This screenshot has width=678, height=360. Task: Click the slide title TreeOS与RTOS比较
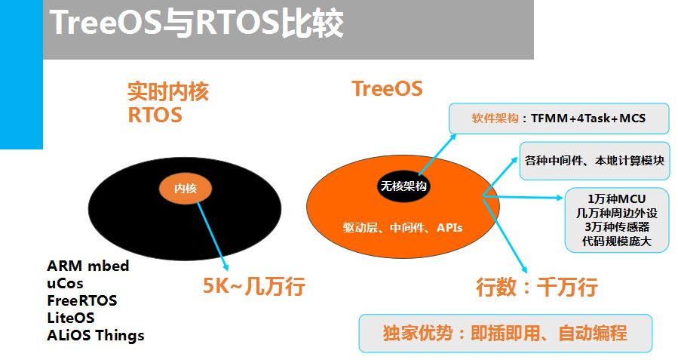pos(197,23)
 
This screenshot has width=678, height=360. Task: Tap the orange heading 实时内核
pos(167,91)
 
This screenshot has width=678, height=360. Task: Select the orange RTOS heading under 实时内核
pos(155,115)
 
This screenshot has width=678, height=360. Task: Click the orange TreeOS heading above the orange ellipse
pos(387,89)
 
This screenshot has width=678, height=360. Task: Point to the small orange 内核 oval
pos(186,188)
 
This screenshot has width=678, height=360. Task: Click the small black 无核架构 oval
pos(403,186)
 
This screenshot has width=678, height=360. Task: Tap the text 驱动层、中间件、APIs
pos(403,228)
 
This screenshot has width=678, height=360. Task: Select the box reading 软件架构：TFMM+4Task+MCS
pos(559,118)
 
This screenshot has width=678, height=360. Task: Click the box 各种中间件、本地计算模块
pos(594,161)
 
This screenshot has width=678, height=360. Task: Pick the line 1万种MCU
pos(617,199)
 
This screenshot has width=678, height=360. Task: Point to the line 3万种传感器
pos(617,226)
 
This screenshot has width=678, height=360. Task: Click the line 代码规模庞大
pos(617,241)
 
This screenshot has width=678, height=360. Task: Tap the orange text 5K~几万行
pos(254,287)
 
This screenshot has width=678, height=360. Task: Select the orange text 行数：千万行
pos(537,287)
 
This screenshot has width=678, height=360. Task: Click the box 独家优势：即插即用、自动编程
pos(505,333)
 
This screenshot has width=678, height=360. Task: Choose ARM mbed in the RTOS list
pos(87,266)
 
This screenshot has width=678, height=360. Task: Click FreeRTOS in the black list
pos(82,300)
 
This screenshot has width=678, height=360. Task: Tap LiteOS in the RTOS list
pos(70,318)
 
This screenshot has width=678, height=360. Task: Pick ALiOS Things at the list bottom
pos(96,335)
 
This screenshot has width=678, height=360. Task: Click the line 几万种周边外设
pos(617,213)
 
